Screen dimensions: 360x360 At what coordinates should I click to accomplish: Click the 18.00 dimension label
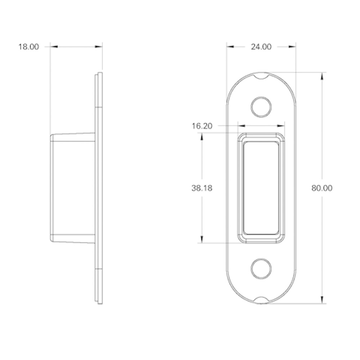point(29,47)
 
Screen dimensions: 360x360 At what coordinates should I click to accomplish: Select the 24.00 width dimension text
point(261,47)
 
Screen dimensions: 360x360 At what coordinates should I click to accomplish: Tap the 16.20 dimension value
point(202,126)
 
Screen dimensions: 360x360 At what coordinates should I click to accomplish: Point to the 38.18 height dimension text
point(202,188)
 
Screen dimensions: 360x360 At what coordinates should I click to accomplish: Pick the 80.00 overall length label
point(322,188)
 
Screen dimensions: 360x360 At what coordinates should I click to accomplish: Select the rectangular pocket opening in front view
point(261,188)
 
